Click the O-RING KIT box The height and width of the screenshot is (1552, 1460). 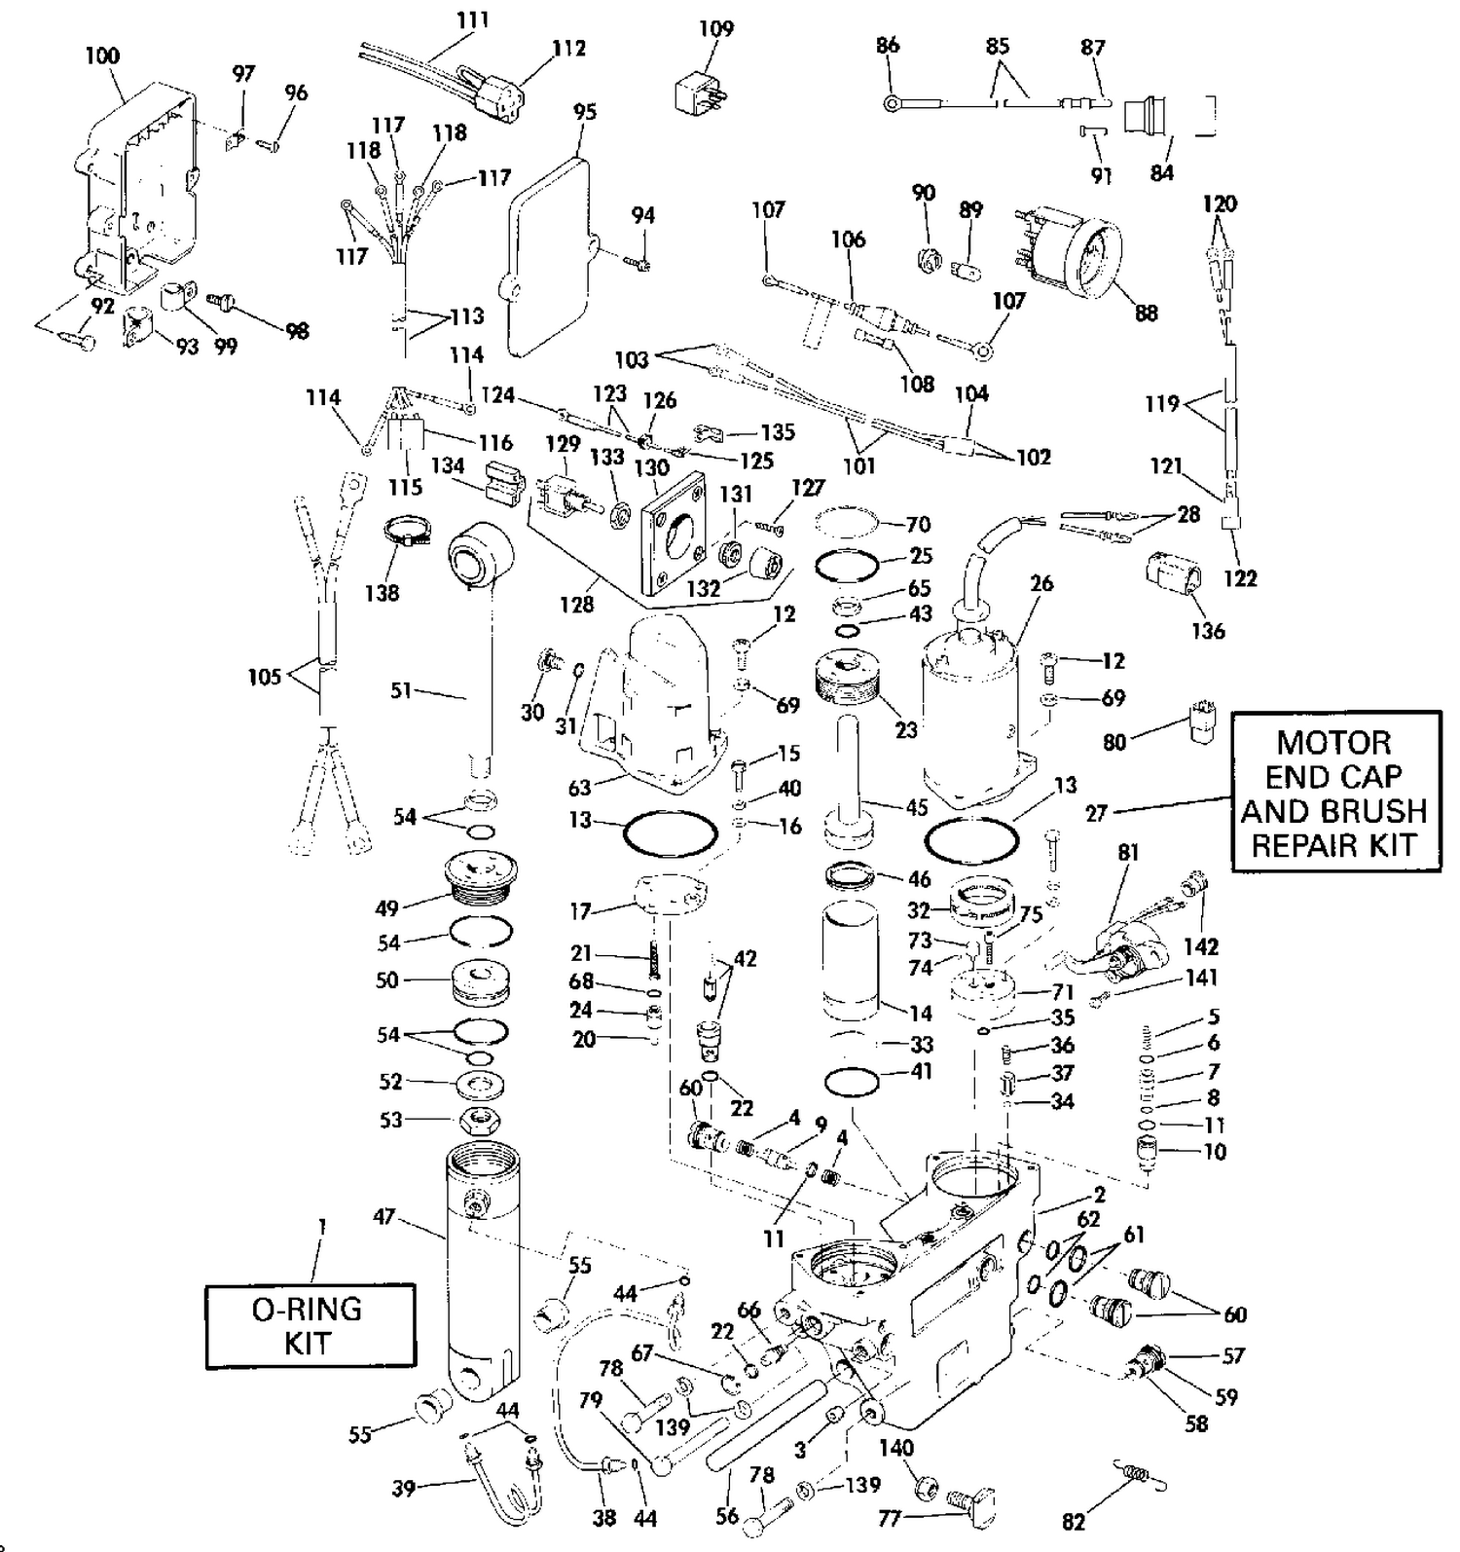[310, 1325]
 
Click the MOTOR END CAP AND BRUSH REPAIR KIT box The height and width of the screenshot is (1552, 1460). [1334, 792]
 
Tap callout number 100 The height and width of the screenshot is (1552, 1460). [102, 55]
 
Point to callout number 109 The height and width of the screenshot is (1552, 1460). [716, 28]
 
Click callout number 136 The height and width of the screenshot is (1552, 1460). [1208, 630]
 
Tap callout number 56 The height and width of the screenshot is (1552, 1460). [727, 1515]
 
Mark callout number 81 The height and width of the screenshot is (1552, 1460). [1127, 852]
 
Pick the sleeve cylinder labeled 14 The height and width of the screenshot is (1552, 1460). [851, 963]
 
